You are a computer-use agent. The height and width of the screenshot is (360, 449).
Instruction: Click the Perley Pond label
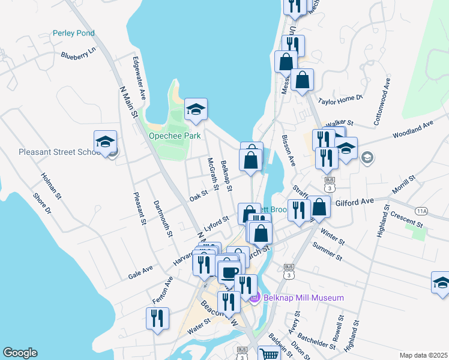[x=74, y=33]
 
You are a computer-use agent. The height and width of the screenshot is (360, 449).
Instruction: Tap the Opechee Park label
[x=175, y=136]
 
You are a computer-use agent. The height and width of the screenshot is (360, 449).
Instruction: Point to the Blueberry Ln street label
[x=79, y=55]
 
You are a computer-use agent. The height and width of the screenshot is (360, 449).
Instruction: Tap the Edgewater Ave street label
[x=139, y=79]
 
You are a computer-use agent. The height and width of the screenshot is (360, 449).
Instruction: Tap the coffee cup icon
[x=229, y=274]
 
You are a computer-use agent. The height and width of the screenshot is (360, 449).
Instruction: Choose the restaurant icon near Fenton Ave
[x=157, y=319]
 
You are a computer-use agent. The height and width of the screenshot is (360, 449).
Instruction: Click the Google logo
[x=20, y=353]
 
